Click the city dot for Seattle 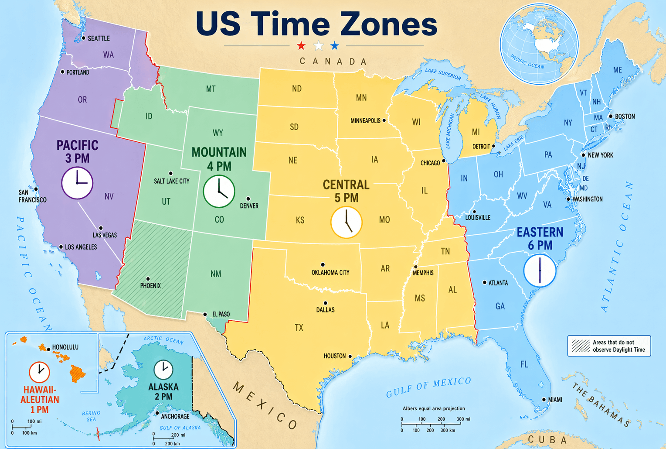pyautogui.click(x=83, y=38)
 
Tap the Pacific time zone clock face pyautogui.click(x=77, y=183)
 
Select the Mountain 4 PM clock pyautogui.click(x=219, y=191)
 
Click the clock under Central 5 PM pyautogui.click(x=346, y=222)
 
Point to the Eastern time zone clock pyautogui.click(x=540, y=271)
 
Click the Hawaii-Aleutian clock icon pyautogui.click(x=39, y=372)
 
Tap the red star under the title pyautogui.click(x=301, y=45)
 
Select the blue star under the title pyautogui.click(x=334, y=45)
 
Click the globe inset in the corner pyautogui.click(x=539, y=44)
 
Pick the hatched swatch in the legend pyautogui.click(x=581, y=346)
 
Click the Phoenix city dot pyautogui.click(x=148, y=279)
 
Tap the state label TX pyautogui.click(x=299, y=327)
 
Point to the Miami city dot pyautogui.click(x=544, y=399)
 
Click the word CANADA pyautogui.click(x=333, y=62)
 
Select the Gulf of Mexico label pyautogui.click(x=428, y=387)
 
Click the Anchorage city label pyautogui.click(x=175, y=416)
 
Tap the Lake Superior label pyautogui.click(x=443, y=74)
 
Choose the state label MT pyautogui.click(x=211, y=89)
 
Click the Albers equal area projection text pyautogui.click(x=434, y=408)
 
